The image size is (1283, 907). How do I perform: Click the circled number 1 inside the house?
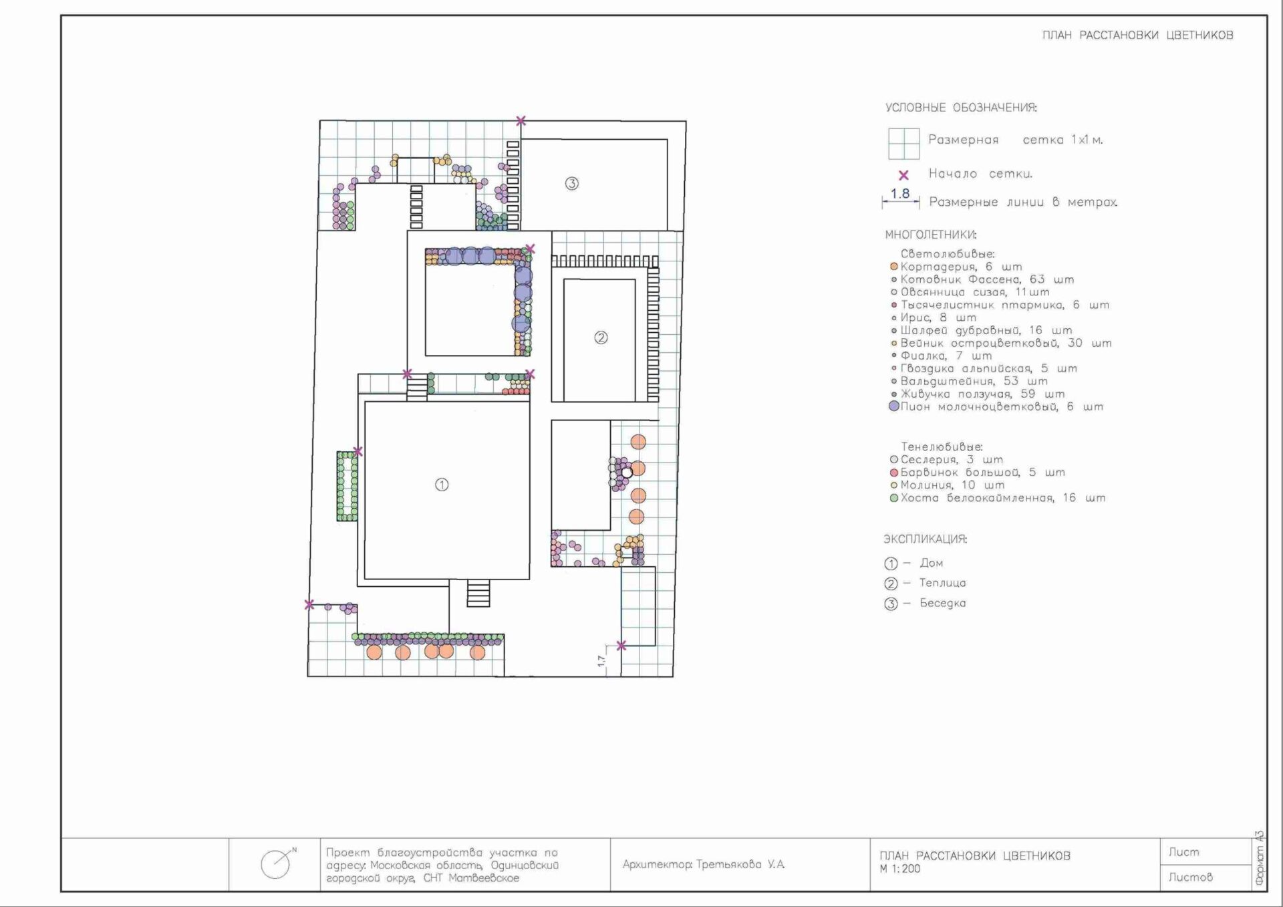click(x=442, y=485)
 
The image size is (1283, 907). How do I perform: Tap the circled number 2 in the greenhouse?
click(x=601, y=338)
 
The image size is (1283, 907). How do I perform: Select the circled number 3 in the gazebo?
click(x=571, y=183)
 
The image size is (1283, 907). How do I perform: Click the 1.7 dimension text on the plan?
click(x=601, y=660)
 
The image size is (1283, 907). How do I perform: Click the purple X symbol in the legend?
click(x=903, y=175)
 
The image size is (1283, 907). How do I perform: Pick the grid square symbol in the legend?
click(x=903, y=144)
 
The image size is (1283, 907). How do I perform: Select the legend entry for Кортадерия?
click(x=956, y=267)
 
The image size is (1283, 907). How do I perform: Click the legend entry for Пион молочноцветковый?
click(x=996, y=406)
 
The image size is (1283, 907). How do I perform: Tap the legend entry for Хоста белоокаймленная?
click(x=997, y=498)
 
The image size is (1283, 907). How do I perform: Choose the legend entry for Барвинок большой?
click(x=977, y=473)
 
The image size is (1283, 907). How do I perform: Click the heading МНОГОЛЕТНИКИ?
click(x=930, y=235)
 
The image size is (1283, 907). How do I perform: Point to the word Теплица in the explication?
click(x=942, y=583)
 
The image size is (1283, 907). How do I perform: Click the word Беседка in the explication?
click(x=942, y=603)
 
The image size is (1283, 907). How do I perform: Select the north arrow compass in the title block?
click(x=277, y=864)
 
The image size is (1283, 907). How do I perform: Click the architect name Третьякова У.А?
click(x=740, y=864)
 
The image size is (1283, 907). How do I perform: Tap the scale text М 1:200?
click(x=900, y=869)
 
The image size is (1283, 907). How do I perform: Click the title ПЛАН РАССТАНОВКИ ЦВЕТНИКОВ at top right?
click(x=1137, y=35)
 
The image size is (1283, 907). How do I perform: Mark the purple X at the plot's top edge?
click(x=521, y=121)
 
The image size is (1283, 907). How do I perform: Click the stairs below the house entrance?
click(x=478, y=594)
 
